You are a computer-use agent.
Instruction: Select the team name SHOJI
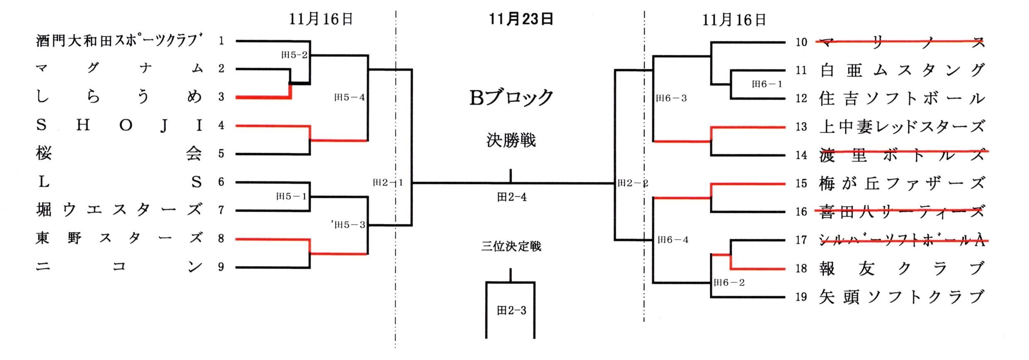click(119, 125)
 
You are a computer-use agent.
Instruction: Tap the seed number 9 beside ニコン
click(221, 267)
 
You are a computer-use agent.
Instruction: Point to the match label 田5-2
click(295, 55)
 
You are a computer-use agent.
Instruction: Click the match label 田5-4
click(349, 98)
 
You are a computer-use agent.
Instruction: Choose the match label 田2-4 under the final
click(512, 197)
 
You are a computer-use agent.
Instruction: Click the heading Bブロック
click(511, 98)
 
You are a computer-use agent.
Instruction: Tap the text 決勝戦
click(511, 140)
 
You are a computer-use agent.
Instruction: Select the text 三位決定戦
click(511, 246)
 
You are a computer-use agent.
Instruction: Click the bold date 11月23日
click(521, 19)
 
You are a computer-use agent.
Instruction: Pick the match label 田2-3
click(511, 311)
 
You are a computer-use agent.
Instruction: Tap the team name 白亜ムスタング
click(901, 70)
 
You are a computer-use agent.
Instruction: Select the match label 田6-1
click(767, 84)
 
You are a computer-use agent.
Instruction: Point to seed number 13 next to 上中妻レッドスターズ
click(801, 127)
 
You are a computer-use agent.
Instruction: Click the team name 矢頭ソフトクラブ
click(901, 297)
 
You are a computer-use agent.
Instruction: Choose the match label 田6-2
click(729, 283)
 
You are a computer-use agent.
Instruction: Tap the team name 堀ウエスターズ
click(119, 210)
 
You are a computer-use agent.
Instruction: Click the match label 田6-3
click(671, 98)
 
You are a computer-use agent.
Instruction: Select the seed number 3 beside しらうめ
click(221, 97)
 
